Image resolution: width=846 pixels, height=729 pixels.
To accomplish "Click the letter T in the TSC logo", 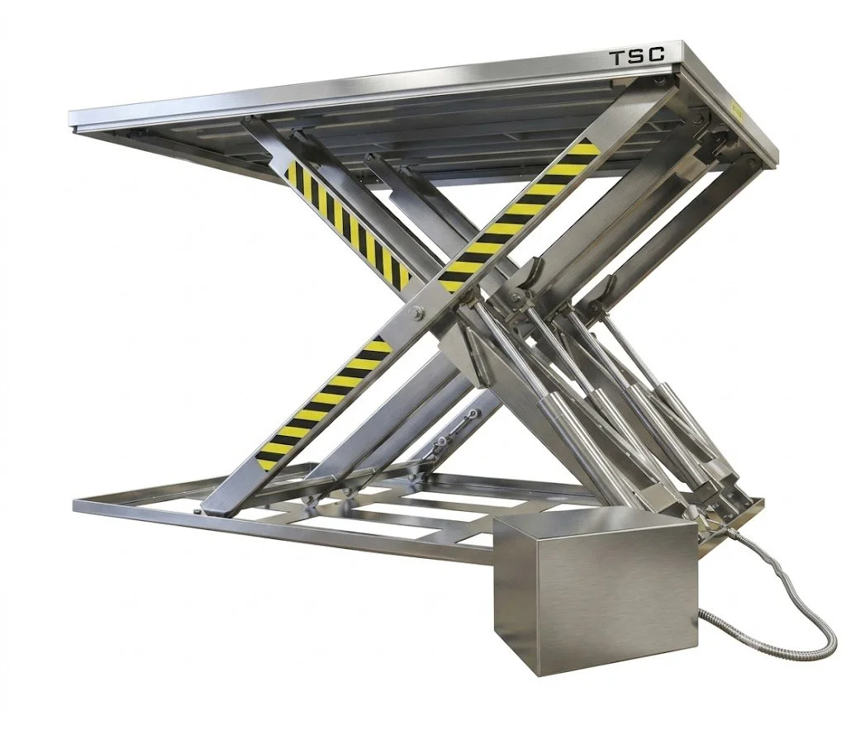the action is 617,59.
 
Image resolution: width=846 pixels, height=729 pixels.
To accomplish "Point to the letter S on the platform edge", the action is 637,57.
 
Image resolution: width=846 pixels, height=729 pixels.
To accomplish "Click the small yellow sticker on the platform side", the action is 737,111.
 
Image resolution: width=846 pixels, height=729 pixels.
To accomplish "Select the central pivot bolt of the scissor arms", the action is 417,313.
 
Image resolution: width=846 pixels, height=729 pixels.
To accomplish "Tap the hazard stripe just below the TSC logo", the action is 519,215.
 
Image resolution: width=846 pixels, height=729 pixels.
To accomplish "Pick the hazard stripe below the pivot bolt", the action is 323,403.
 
